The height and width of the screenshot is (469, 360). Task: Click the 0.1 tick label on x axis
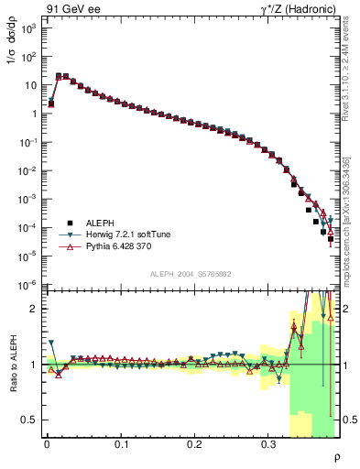[121, 444]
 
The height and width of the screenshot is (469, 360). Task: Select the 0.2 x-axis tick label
[194, 444]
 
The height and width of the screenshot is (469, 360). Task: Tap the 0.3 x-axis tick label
[268, 444]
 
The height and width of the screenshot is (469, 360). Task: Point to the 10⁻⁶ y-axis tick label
[28, 284]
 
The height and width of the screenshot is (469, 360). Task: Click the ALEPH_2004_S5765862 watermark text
[190, 275]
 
